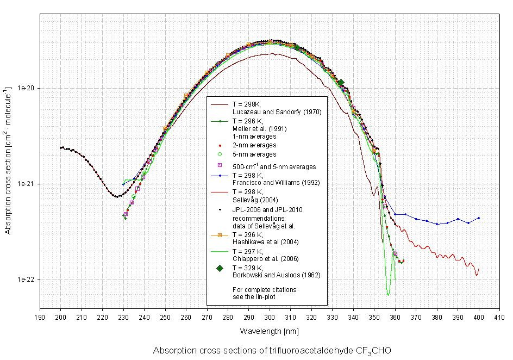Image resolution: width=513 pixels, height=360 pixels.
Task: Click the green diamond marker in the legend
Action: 220,268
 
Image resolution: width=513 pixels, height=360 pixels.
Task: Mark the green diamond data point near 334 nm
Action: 341,83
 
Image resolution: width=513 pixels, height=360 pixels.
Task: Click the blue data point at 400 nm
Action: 479,218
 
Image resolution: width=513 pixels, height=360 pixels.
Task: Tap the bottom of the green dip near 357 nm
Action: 388,294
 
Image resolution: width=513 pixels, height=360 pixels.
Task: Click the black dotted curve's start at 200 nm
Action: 61,147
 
